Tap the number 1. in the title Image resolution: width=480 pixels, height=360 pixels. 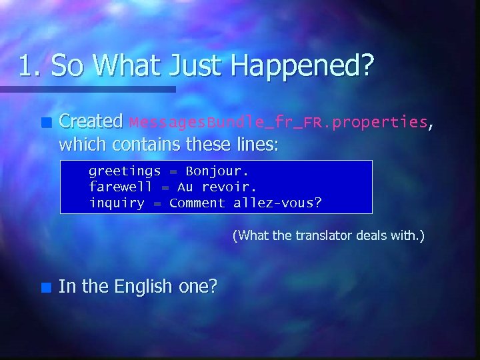[x=31, y=66]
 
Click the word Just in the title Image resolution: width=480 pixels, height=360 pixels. [x=193, y=66]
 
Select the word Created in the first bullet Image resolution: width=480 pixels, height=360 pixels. [x=91, y=121]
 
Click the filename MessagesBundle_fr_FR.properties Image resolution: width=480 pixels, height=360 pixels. [x=279, y=122]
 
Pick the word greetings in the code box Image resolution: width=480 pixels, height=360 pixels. [x=125, y=171]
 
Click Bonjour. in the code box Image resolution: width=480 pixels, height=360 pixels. [x=217, y=171]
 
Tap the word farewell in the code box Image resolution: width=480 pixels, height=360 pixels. [x=121, y=187]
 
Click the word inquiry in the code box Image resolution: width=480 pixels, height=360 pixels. [x=117, y=203]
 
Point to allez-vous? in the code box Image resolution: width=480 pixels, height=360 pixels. [x=277, y=203]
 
